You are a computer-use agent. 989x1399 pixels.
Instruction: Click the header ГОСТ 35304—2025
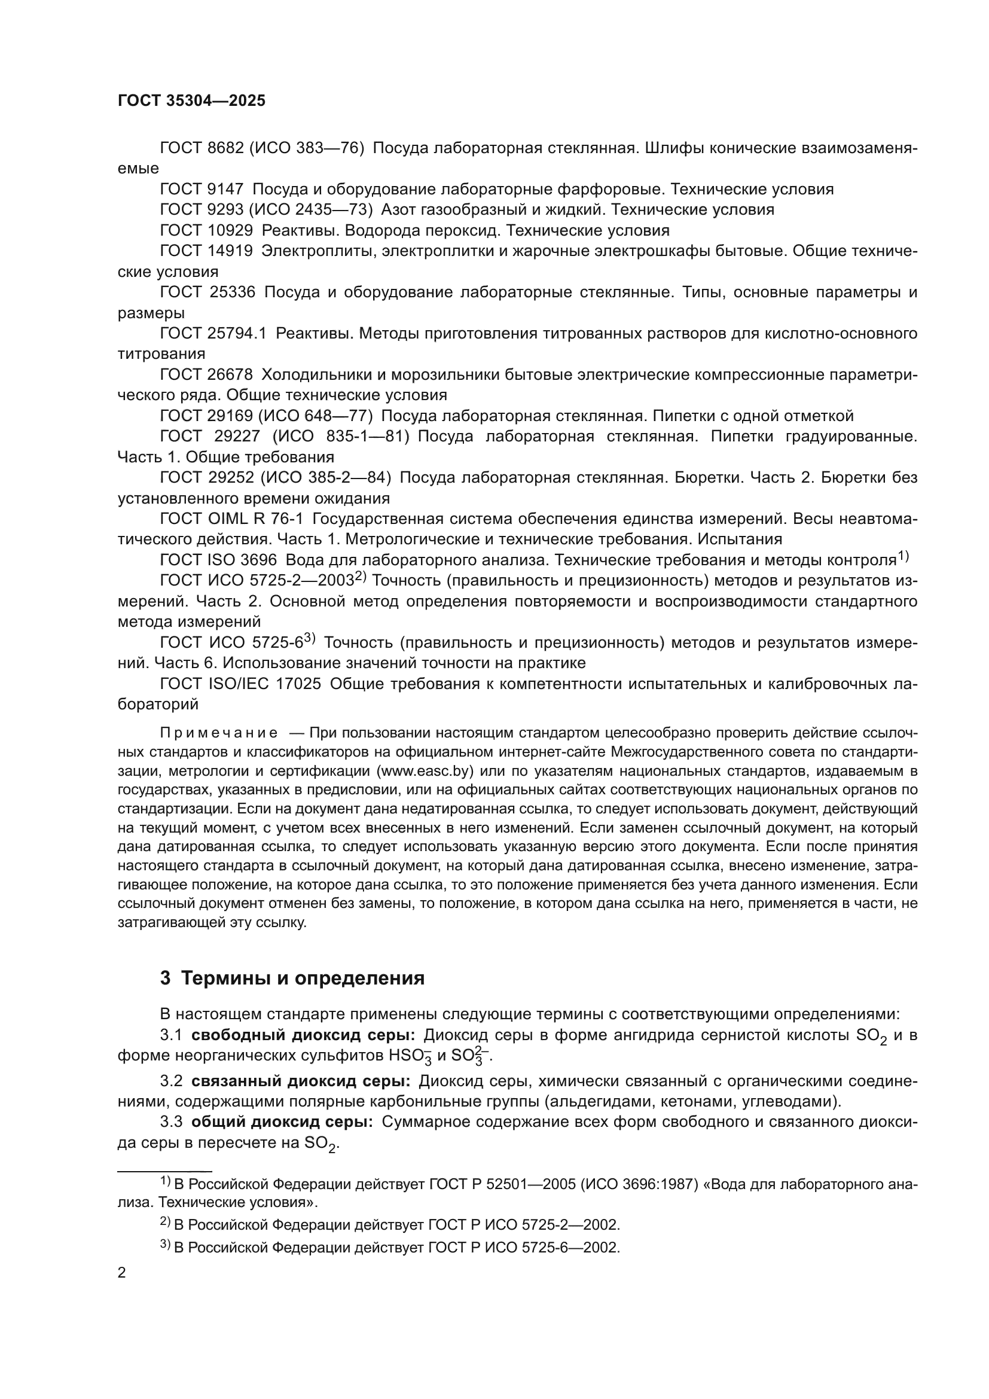pyautogui.click(x=191, y=101)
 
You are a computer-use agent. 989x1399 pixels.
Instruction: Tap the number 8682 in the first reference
pyautogui.click(x=225, y=148)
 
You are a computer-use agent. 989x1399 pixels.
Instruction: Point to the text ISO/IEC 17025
pyautogui.click(x=264, y=684)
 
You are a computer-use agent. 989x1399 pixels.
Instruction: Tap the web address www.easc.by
pyautogui.click(x=426, y=771)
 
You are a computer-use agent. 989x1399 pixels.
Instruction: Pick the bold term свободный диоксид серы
pyautogui.click(x=303, y=1036)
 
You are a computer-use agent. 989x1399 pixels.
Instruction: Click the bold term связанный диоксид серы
pyautogui.click(x=300, y=1081)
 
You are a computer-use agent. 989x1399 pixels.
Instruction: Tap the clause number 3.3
pyautogui.click(x=171, y=1122)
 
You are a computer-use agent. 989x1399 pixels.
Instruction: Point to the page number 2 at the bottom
pyautogui.click(x=122, y=1273)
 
